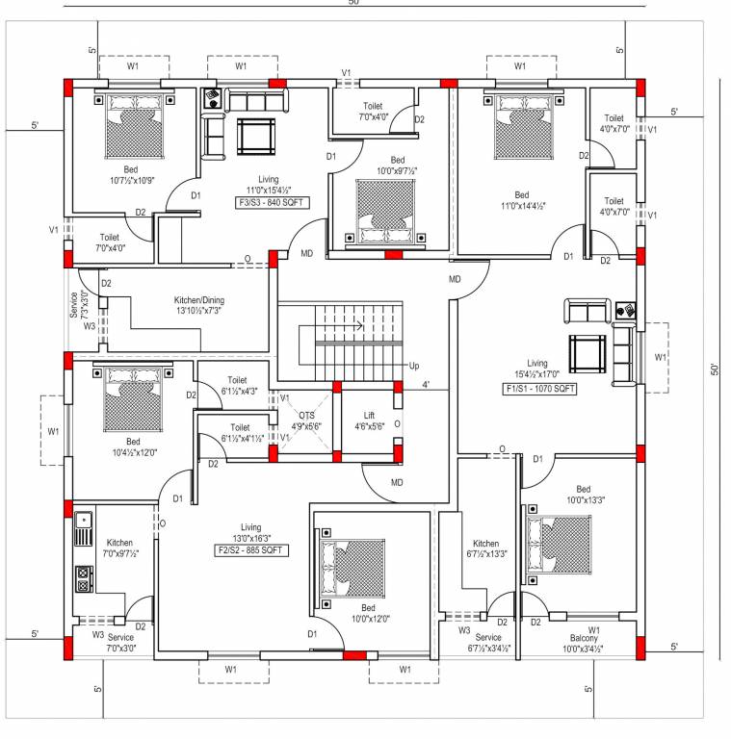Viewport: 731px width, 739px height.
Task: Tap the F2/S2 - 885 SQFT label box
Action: coord(250,551)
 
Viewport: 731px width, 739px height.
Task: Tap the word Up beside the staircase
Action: coord(414,366)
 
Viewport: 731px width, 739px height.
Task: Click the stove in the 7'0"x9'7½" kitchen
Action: coord(84,579)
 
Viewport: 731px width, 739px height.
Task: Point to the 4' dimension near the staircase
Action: coord(425,386)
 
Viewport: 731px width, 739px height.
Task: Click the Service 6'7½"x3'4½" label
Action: coord(488,643)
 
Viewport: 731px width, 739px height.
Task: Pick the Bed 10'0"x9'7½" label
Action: coord(397,166)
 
